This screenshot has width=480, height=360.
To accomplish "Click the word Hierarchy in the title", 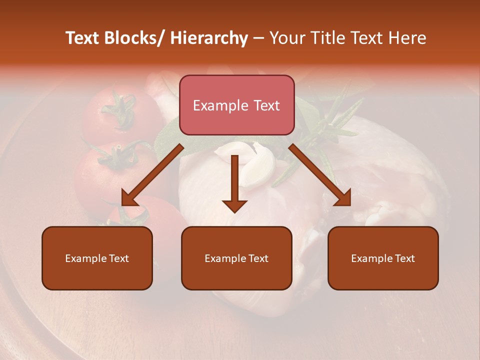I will [209, 38].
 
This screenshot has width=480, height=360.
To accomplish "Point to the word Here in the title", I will [408, 38].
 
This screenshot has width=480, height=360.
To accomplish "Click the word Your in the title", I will [287, 38].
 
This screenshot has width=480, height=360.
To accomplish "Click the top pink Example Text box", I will [236, 105].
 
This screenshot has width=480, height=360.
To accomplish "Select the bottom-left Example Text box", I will [97, 258].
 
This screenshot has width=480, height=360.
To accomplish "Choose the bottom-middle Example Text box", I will [236, 258].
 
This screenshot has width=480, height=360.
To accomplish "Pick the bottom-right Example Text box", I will [383, 258].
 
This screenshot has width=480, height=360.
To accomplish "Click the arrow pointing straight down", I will [234, 185].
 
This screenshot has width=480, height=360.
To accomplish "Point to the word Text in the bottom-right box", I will [404, 258].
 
